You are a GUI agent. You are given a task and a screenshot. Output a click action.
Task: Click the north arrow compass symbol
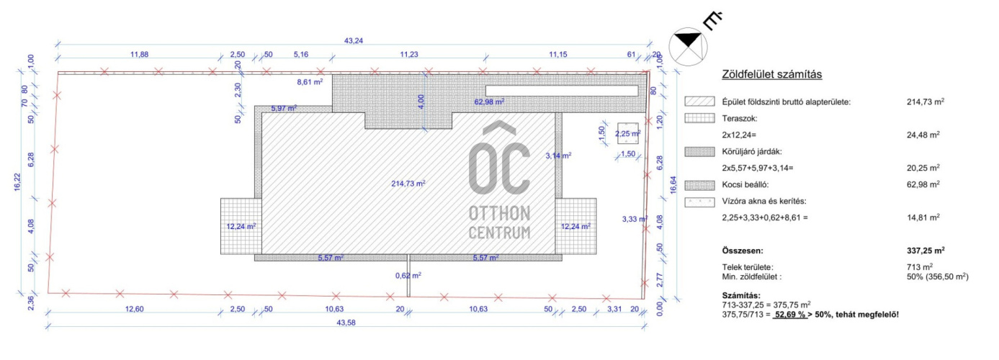pos(688,46)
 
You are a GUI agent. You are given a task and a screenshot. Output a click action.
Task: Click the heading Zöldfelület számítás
pos(771,74)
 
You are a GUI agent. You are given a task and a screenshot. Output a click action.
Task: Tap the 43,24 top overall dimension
pos(353,40)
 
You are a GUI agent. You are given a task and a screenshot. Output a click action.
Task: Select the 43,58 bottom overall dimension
pos(346,323)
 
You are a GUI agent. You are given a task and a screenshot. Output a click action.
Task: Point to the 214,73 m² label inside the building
pos(408,184)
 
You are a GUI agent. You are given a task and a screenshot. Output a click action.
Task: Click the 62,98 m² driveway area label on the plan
pos(489,102)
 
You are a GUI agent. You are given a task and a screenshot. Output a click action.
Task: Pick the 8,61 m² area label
pos(310,82)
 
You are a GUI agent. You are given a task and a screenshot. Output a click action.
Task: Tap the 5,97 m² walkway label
pos(284,109)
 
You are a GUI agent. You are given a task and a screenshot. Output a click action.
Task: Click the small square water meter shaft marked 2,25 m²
pos(628,133)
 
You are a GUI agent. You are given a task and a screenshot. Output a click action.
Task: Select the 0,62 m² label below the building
pos(408,276)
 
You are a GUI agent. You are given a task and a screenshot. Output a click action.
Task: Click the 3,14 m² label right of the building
pos(558,156)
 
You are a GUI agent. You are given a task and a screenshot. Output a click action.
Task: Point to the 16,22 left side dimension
pos(17,182)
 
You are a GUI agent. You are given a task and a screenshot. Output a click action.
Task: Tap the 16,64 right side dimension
pos(673,185)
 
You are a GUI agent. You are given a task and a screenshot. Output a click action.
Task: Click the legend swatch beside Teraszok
pos(700,118)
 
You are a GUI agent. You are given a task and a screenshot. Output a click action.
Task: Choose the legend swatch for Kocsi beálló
pos(700,185)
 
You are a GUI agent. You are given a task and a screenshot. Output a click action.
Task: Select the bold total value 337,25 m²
pos(926,251)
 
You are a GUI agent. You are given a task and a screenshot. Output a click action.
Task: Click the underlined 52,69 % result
pos(790,315)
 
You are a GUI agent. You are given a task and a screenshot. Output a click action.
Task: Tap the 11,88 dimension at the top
pos(139,55)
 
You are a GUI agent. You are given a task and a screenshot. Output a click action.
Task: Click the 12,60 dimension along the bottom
pos(134,309)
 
